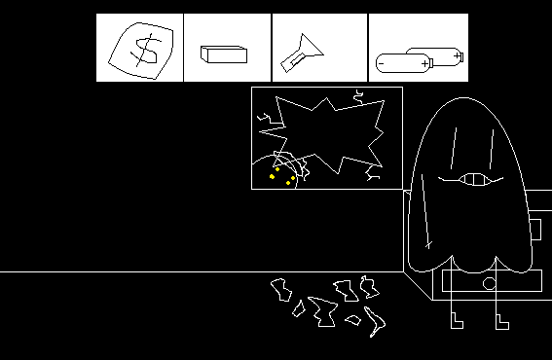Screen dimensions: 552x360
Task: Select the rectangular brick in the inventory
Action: pos(224,54)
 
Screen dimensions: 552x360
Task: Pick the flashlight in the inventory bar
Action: pos(302,54)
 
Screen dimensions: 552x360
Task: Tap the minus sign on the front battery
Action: pos(381,63)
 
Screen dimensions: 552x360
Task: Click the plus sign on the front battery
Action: pos(424,63)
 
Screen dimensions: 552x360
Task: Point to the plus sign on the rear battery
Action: pos(457,55)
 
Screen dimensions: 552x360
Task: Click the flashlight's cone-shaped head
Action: pos(311,46)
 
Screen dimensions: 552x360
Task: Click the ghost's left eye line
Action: pos(454,148)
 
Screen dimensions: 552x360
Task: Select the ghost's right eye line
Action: pos(492,149)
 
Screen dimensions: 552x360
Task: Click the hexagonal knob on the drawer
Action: pos(489,284)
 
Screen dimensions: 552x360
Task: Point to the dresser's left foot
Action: pos(457,320)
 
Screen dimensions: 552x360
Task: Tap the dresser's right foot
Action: pos(502,322)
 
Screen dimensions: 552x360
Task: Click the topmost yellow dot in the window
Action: pos(277,169)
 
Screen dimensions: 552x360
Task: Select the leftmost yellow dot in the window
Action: pos(272,176)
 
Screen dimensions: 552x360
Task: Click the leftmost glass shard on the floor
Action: pos(281,290)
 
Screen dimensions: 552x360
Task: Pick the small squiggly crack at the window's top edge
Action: pos(358,96)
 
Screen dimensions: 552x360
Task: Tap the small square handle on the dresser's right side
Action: pos(535,230)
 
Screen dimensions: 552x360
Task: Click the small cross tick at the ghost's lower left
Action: pos(428,244)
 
